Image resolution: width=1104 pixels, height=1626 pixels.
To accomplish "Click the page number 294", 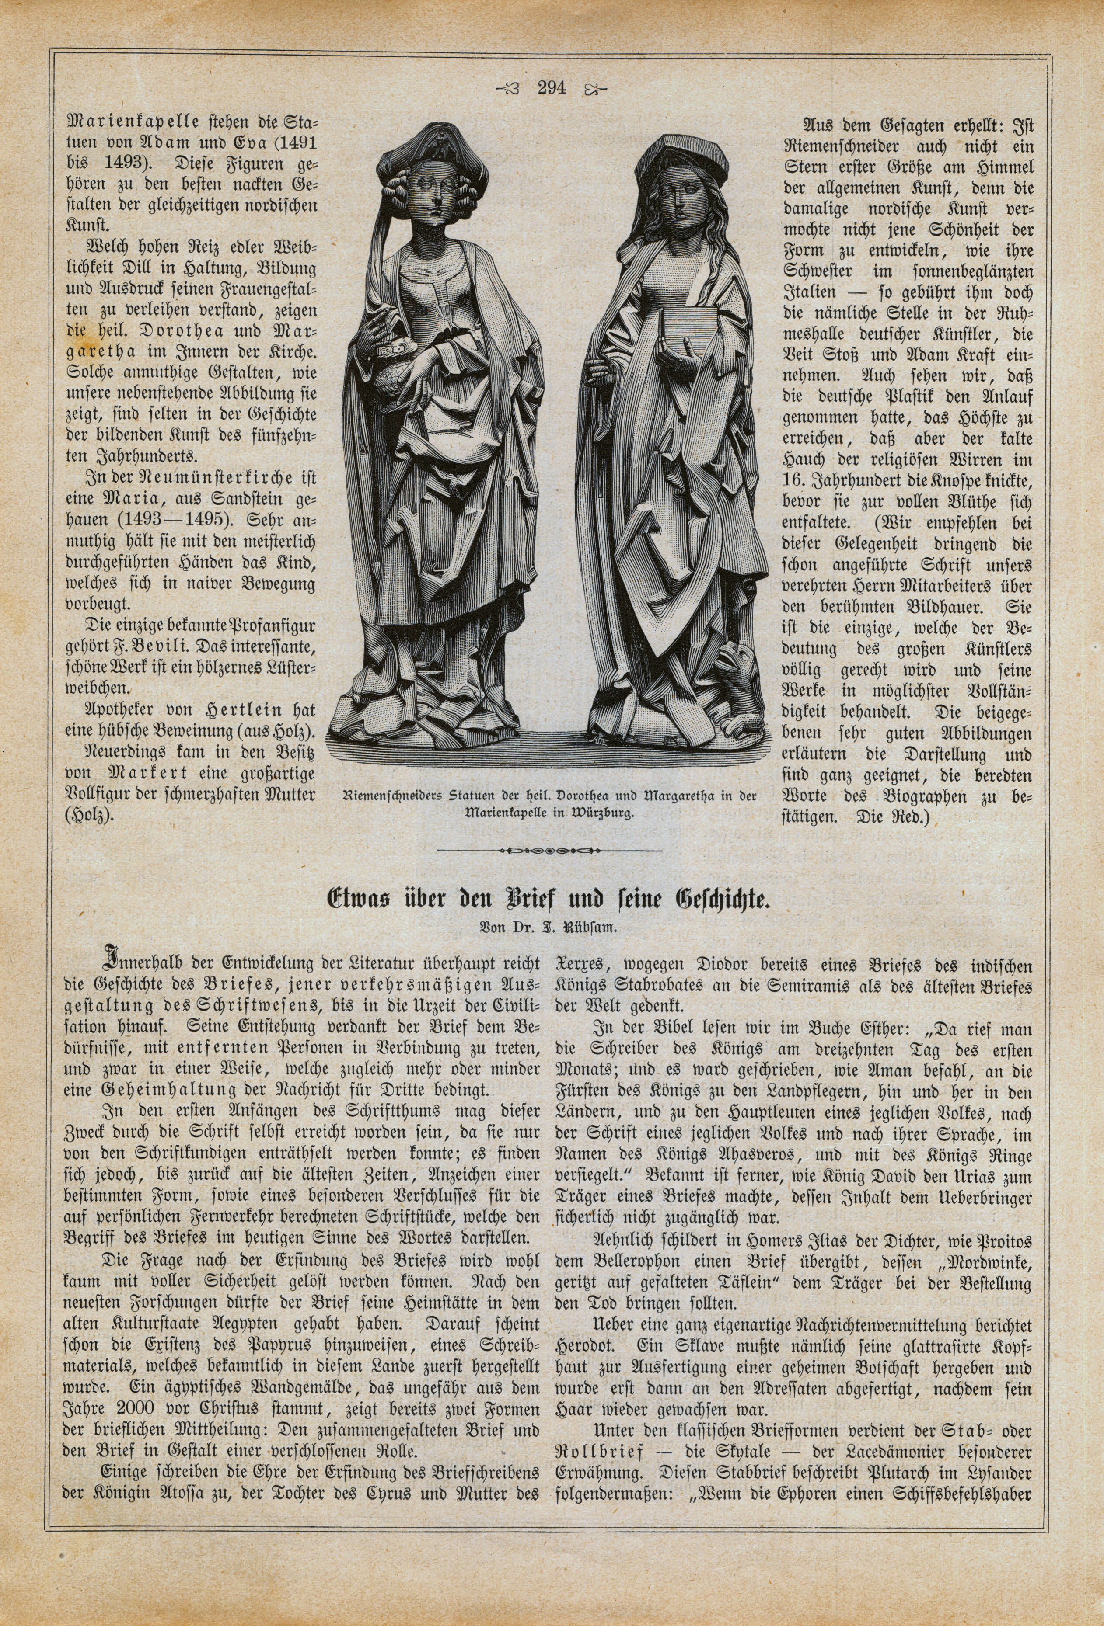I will point(552,88).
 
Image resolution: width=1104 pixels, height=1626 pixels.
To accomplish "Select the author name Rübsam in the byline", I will point(595,928).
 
